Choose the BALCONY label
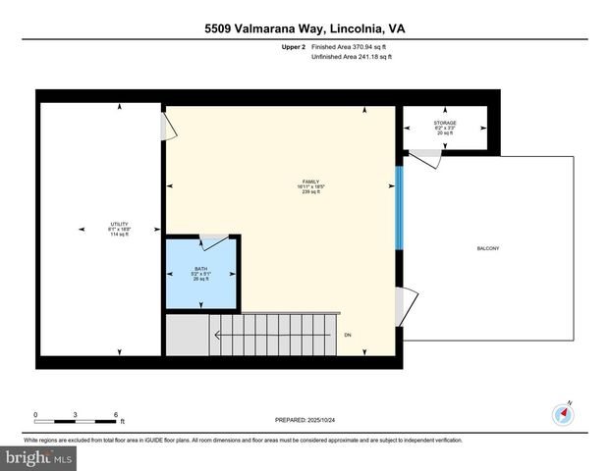488,248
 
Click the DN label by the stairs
348,336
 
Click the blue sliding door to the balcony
398,208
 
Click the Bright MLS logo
39,457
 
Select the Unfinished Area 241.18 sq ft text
352,57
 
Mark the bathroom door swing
214,241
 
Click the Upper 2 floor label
292,46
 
